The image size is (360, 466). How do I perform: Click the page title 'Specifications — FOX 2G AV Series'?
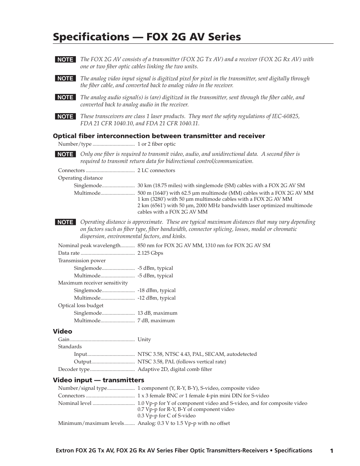click(x=147, y=37)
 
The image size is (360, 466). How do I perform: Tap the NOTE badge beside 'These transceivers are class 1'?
click(x=65, y=117)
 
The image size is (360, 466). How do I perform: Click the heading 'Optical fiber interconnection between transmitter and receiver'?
click(x=159, y=136)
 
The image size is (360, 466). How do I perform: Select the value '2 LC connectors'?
click(x=156, y=171)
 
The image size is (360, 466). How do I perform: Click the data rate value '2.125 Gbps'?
click(x=150, y=253)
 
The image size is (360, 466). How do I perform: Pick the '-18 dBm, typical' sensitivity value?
click(x=157, y=291)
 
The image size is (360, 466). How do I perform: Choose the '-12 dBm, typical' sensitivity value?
click(x=157, y=298)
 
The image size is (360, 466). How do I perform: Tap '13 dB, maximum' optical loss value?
click(x=157, y=313)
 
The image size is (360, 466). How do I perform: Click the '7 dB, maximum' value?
click(x=156, y=321)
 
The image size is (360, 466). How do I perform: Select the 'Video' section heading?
click(x=62, y=331)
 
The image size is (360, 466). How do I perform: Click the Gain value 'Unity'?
click(x=144, y=340)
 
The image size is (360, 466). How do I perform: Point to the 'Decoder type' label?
click(x=74, y=369)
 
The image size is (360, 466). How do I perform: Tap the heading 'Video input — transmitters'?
click(x=98, y=380)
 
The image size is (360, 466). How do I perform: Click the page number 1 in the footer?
click(x=331, y=451)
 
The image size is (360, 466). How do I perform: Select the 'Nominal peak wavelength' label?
click(x=89, y=246)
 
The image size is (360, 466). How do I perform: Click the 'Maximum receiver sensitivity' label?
click(x=93, y=283)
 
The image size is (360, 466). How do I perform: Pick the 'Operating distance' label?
click(x=80, y=178)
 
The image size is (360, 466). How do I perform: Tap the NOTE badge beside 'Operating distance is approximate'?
click(x=65, y=222)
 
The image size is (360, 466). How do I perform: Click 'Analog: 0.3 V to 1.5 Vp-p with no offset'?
click(x=184, y=423)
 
